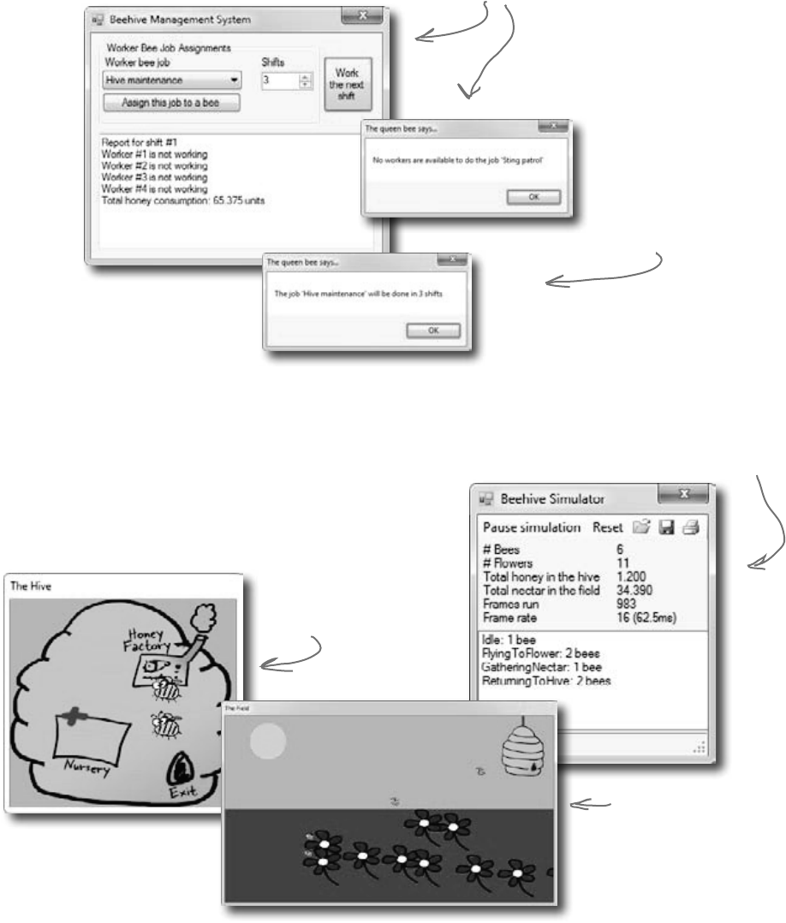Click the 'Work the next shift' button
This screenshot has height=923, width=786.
(347, 84)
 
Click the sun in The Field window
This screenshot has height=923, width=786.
(267, 741)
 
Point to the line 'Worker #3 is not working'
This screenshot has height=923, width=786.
(154, 177)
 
